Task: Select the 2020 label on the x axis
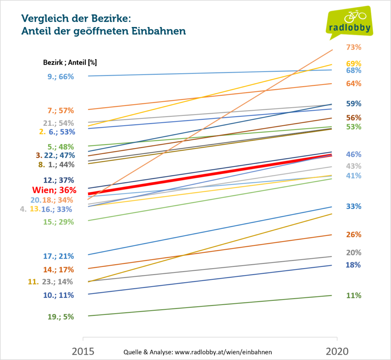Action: click(x=337, y=351)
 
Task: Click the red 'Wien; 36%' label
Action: click(x=54, y=190)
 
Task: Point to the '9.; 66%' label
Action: click(x=60, y=76)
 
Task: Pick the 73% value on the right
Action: click(x=354, y=47)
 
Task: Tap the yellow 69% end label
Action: click(x=354, y=63)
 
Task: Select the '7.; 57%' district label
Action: click(x=60, y=111)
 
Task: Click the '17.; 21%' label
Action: click(x=59, y=256)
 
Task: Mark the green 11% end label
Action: click(x=354, y=295)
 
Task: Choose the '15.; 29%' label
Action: click(x=59, y=222)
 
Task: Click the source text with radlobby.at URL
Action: click(x=198, y=352)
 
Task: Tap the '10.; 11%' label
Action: click(x=59, y=295)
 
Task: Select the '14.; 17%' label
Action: click(x=59, y=270)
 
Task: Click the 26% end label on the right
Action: click(x=354, y=235)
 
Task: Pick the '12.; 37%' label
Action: click(x=59, y=180)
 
